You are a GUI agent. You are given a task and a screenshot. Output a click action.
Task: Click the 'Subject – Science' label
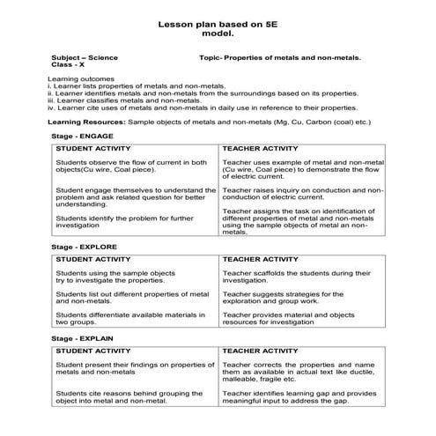click(x=85, y=57)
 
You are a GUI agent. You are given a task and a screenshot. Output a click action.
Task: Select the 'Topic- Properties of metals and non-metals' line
click(x=280, y=57)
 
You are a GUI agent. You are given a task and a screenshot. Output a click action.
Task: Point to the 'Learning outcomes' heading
click(x=73, y=79)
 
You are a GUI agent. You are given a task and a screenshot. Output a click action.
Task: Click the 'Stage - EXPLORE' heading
click(x=85, y=248)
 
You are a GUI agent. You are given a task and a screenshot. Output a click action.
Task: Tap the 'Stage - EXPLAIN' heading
click(x=84, y=338)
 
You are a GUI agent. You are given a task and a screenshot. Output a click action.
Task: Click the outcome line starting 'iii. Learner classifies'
click(x=117, y=100)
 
